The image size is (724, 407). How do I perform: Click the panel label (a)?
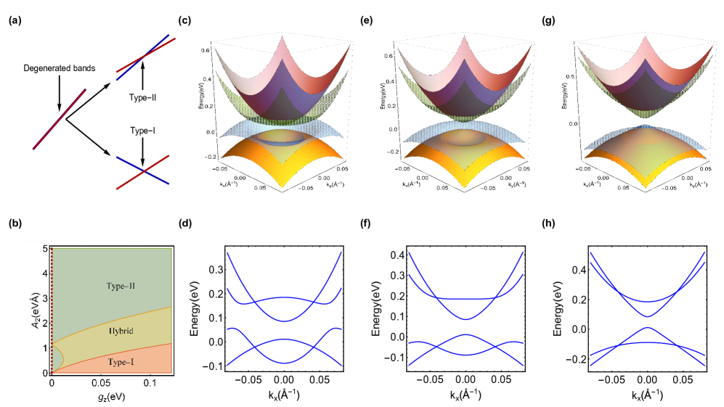12,21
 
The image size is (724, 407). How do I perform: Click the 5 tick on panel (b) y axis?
42,249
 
